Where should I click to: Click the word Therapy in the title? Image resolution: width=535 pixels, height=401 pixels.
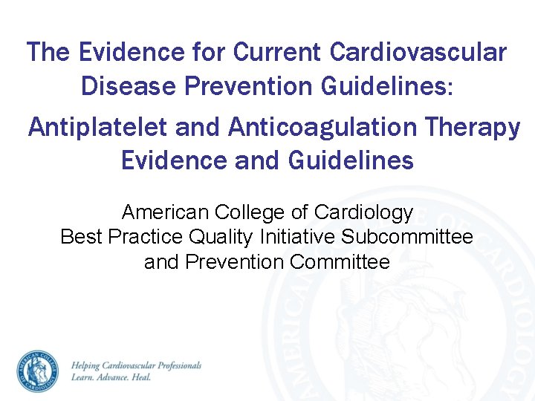click(472, 128)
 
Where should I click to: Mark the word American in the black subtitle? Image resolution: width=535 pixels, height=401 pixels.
click(166, 212)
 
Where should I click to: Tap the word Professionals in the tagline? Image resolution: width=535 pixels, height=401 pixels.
click(177, 366)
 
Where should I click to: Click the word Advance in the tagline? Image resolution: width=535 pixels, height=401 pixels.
click(114, 377)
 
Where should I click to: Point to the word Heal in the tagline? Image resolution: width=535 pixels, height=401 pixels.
click(142, 377)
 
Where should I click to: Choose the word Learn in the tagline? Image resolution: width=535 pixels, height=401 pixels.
click(82, 377)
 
